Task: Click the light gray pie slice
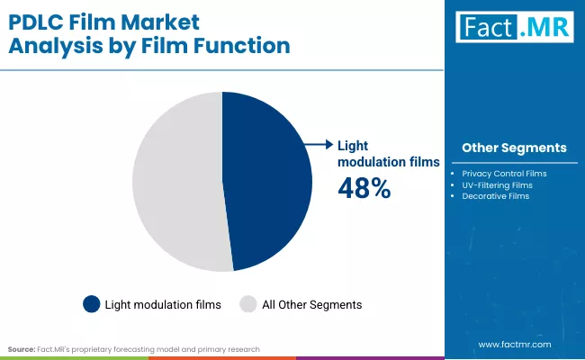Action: click(x=175, y=180)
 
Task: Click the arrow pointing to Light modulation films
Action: click(x=318, y=144)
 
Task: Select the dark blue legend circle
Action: click(x=91, y=304)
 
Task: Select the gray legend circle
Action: click(x=247, y=304)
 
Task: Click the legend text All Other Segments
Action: click(x=311, y=305)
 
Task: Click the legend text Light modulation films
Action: click(x=163, y=305)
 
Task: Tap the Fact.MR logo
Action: click(x=514, y=27)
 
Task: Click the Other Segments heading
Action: click(x=514, y=148)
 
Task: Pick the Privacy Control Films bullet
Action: click(x=504, y=173)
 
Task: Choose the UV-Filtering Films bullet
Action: click(x=497, y=184)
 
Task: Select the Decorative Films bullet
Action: click(x=495, y=196)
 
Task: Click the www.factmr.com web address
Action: click(x=515, y=345)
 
